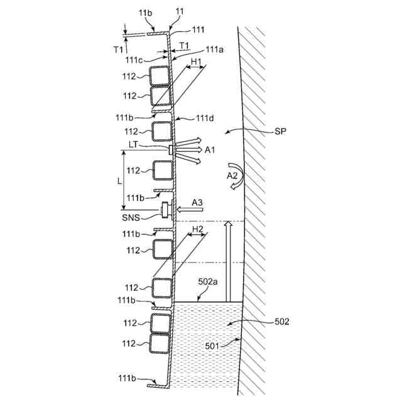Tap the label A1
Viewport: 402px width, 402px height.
[x=210, y=150]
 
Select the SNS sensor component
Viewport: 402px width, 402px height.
[x=166, y=210]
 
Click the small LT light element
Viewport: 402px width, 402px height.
[x=171, y=149]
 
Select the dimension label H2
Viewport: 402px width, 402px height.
[x=197, y=229]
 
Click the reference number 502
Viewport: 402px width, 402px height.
[x=282, y=322]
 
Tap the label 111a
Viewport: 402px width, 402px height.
[x=214, y=49]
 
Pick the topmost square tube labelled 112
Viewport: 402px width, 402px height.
[x=160, y=76]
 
